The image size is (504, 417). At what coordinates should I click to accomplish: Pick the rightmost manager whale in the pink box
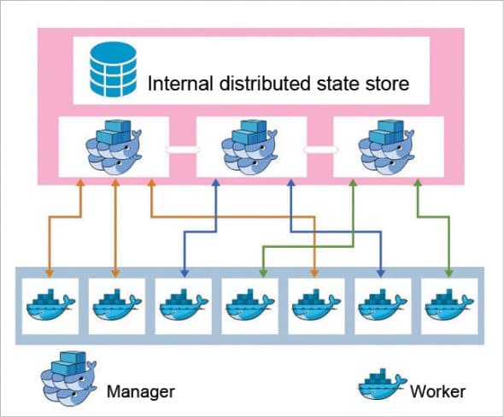[x=387, y=144]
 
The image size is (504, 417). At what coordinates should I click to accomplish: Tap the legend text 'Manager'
[x=141, y=392]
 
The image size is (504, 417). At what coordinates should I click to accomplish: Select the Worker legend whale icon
[x=380, y=385]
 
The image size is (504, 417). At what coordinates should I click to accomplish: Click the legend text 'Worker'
[x=437, y=392]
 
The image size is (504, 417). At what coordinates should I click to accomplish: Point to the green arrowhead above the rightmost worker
[x=448, y=273]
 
